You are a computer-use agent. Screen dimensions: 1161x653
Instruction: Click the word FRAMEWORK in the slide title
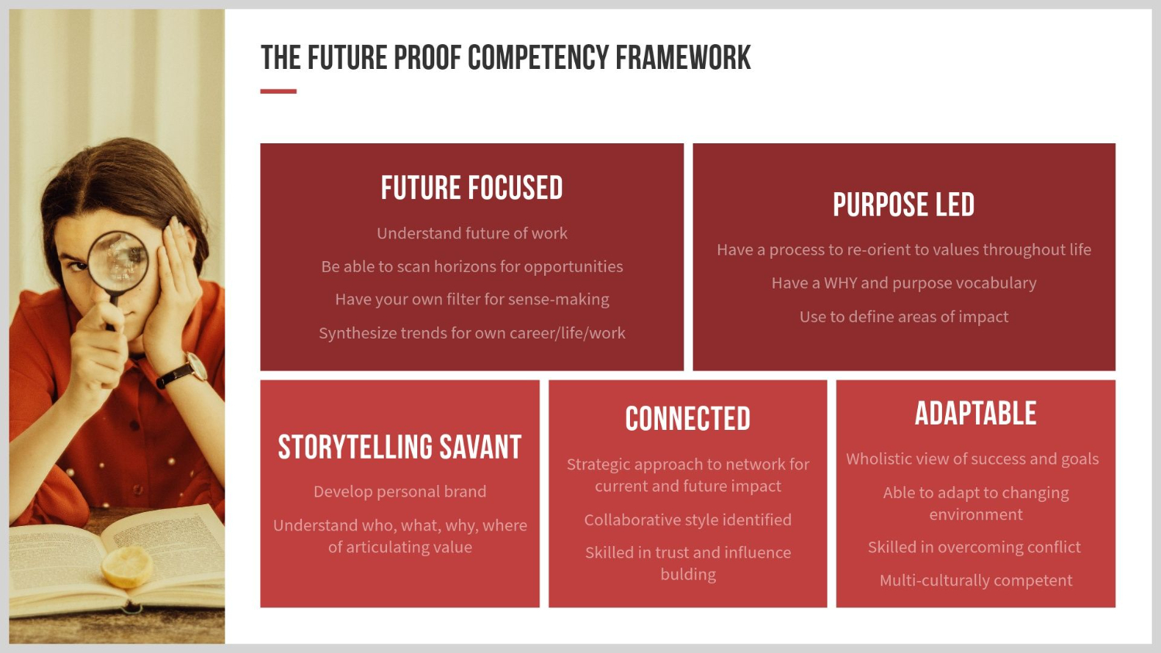[x=683, y=57]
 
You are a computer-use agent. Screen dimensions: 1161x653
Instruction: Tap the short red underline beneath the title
[x=279, y=91]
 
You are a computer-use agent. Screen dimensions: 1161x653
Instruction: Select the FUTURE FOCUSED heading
[x=471, y=187]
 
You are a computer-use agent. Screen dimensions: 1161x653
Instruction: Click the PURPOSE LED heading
[x=903, y=204]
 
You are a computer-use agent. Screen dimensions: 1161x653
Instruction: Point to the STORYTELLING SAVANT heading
[x=399, y=447]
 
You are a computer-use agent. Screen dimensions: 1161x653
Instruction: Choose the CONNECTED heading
[x=688, y=418]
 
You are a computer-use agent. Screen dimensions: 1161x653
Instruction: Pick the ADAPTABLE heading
[x=975, y=414]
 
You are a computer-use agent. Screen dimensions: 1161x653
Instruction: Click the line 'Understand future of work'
[x=471, y=233]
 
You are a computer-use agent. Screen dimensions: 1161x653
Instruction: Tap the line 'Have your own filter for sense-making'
[x=471, y=299]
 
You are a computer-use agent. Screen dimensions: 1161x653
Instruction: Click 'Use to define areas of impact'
[x=904, y=316]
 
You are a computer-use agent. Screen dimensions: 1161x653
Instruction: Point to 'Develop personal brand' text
[x=399, y=492]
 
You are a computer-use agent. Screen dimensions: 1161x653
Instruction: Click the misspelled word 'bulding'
[x=688, y=575]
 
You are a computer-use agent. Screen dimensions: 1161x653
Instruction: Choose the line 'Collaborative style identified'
[x=688, y=520]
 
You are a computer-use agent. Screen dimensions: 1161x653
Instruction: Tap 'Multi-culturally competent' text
[x=976, y=580]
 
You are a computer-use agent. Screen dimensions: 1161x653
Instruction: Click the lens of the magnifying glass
[x=118, y=261]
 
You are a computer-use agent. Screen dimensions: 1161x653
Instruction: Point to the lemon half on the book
[x=127, y=567]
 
